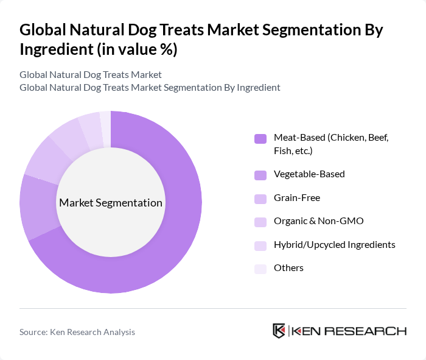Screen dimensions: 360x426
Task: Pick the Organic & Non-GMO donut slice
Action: click(66, 135)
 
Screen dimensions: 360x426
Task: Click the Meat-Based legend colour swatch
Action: click(260, 138)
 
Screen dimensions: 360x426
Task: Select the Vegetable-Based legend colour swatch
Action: click(260, 175)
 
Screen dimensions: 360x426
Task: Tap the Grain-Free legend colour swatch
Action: click(260, 199)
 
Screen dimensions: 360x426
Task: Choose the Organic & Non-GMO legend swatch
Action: click(260, 222)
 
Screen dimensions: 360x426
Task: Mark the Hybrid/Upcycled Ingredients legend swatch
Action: click(260, 245)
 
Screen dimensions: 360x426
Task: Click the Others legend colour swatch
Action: click(260, 269)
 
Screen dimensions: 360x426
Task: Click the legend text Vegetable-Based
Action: click(309, 174)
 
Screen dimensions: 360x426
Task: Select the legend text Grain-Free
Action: click(297, 198)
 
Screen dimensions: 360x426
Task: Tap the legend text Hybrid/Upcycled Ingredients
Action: click(335, 245)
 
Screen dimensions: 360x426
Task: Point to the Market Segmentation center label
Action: click(111, 203)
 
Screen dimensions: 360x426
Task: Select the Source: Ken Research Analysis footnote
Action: click(77, 332)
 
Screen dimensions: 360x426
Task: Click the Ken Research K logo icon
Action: click(279, 331)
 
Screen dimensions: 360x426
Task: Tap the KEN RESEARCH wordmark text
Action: click(349, 331)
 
